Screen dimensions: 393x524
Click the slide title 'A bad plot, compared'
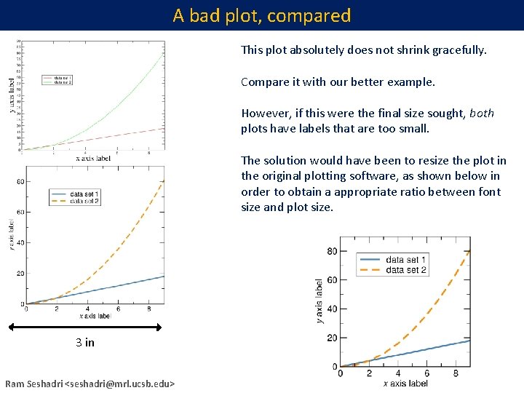pos(262,15)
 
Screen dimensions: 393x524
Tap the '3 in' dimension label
pos(85,343)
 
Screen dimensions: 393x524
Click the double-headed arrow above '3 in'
pos(94,327)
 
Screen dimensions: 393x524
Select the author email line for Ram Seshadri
pos(90,384)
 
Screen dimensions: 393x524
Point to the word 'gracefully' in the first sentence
pos(459,51)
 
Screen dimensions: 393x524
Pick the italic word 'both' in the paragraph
pos(482,113)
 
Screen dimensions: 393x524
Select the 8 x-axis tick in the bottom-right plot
pos(456,374)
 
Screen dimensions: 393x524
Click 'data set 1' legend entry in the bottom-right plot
pos(405,260)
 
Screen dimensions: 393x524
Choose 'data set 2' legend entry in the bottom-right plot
pos(405,270)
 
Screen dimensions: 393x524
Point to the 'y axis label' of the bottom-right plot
pos(319,301)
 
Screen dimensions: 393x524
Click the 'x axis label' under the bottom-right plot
pos(405,383)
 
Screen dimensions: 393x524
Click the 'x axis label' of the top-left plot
pos(93,158)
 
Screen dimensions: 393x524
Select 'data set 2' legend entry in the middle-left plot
pos(85,200)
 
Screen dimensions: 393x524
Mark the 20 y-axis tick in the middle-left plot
pos(20,274)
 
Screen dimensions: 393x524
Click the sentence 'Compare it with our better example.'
pos(338,82)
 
